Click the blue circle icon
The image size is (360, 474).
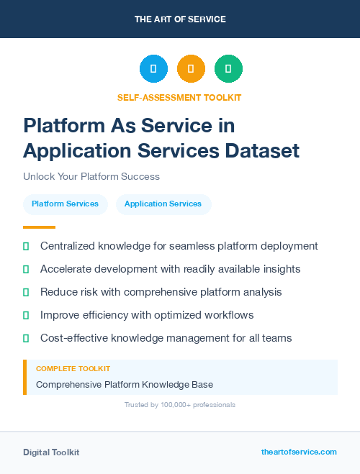tap(153, 69)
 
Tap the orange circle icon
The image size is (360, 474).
tap(191, 69)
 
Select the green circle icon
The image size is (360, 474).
tap(228, 69)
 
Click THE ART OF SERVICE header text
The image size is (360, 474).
tap(180, 19)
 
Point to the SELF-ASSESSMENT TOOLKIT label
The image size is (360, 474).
tap(179, 97)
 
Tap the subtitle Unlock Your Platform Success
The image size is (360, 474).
tap(91, 176)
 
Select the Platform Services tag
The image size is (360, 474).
tap(65, 204)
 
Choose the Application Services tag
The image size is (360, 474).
tap(163, 204)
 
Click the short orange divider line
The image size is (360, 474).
tap(39, 227)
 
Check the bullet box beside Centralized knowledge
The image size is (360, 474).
tap(26, 246)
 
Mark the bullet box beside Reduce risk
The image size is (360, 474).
tap(26, 292)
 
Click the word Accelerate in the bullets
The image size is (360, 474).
tap(66, 269)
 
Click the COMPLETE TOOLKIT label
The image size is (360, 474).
tap(73, 369)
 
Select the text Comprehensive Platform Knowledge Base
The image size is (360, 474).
tap(124, 384)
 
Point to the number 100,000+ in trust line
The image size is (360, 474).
tap(176, 405)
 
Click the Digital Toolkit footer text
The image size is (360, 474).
tap(51, 452)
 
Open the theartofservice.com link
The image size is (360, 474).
tap(299, 452)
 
